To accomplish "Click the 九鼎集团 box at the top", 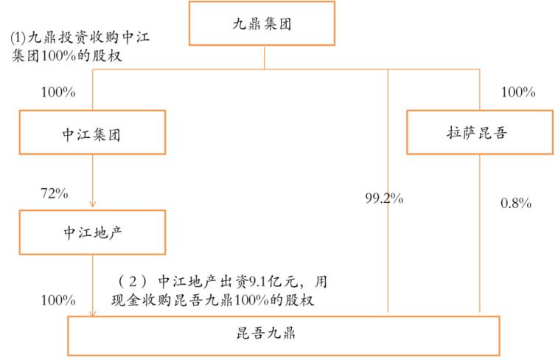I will tap(262, 23).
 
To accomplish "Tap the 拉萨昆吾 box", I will tap(478, 133).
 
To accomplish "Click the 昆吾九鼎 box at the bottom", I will tap(284, 336).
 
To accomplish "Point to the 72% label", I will tap(54, 194).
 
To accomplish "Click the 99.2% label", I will tap(384, 198).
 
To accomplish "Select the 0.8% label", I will tap(515, 203).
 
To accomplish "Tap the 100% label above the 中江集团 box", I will tap(59, 93).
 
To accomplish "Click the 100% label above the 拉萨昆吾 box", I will tap(517, 92).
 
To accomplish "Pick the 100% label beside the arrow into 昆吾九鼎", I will tap(58, 300).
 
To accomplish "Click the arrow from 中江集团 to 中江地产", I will tap(92, 181).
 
